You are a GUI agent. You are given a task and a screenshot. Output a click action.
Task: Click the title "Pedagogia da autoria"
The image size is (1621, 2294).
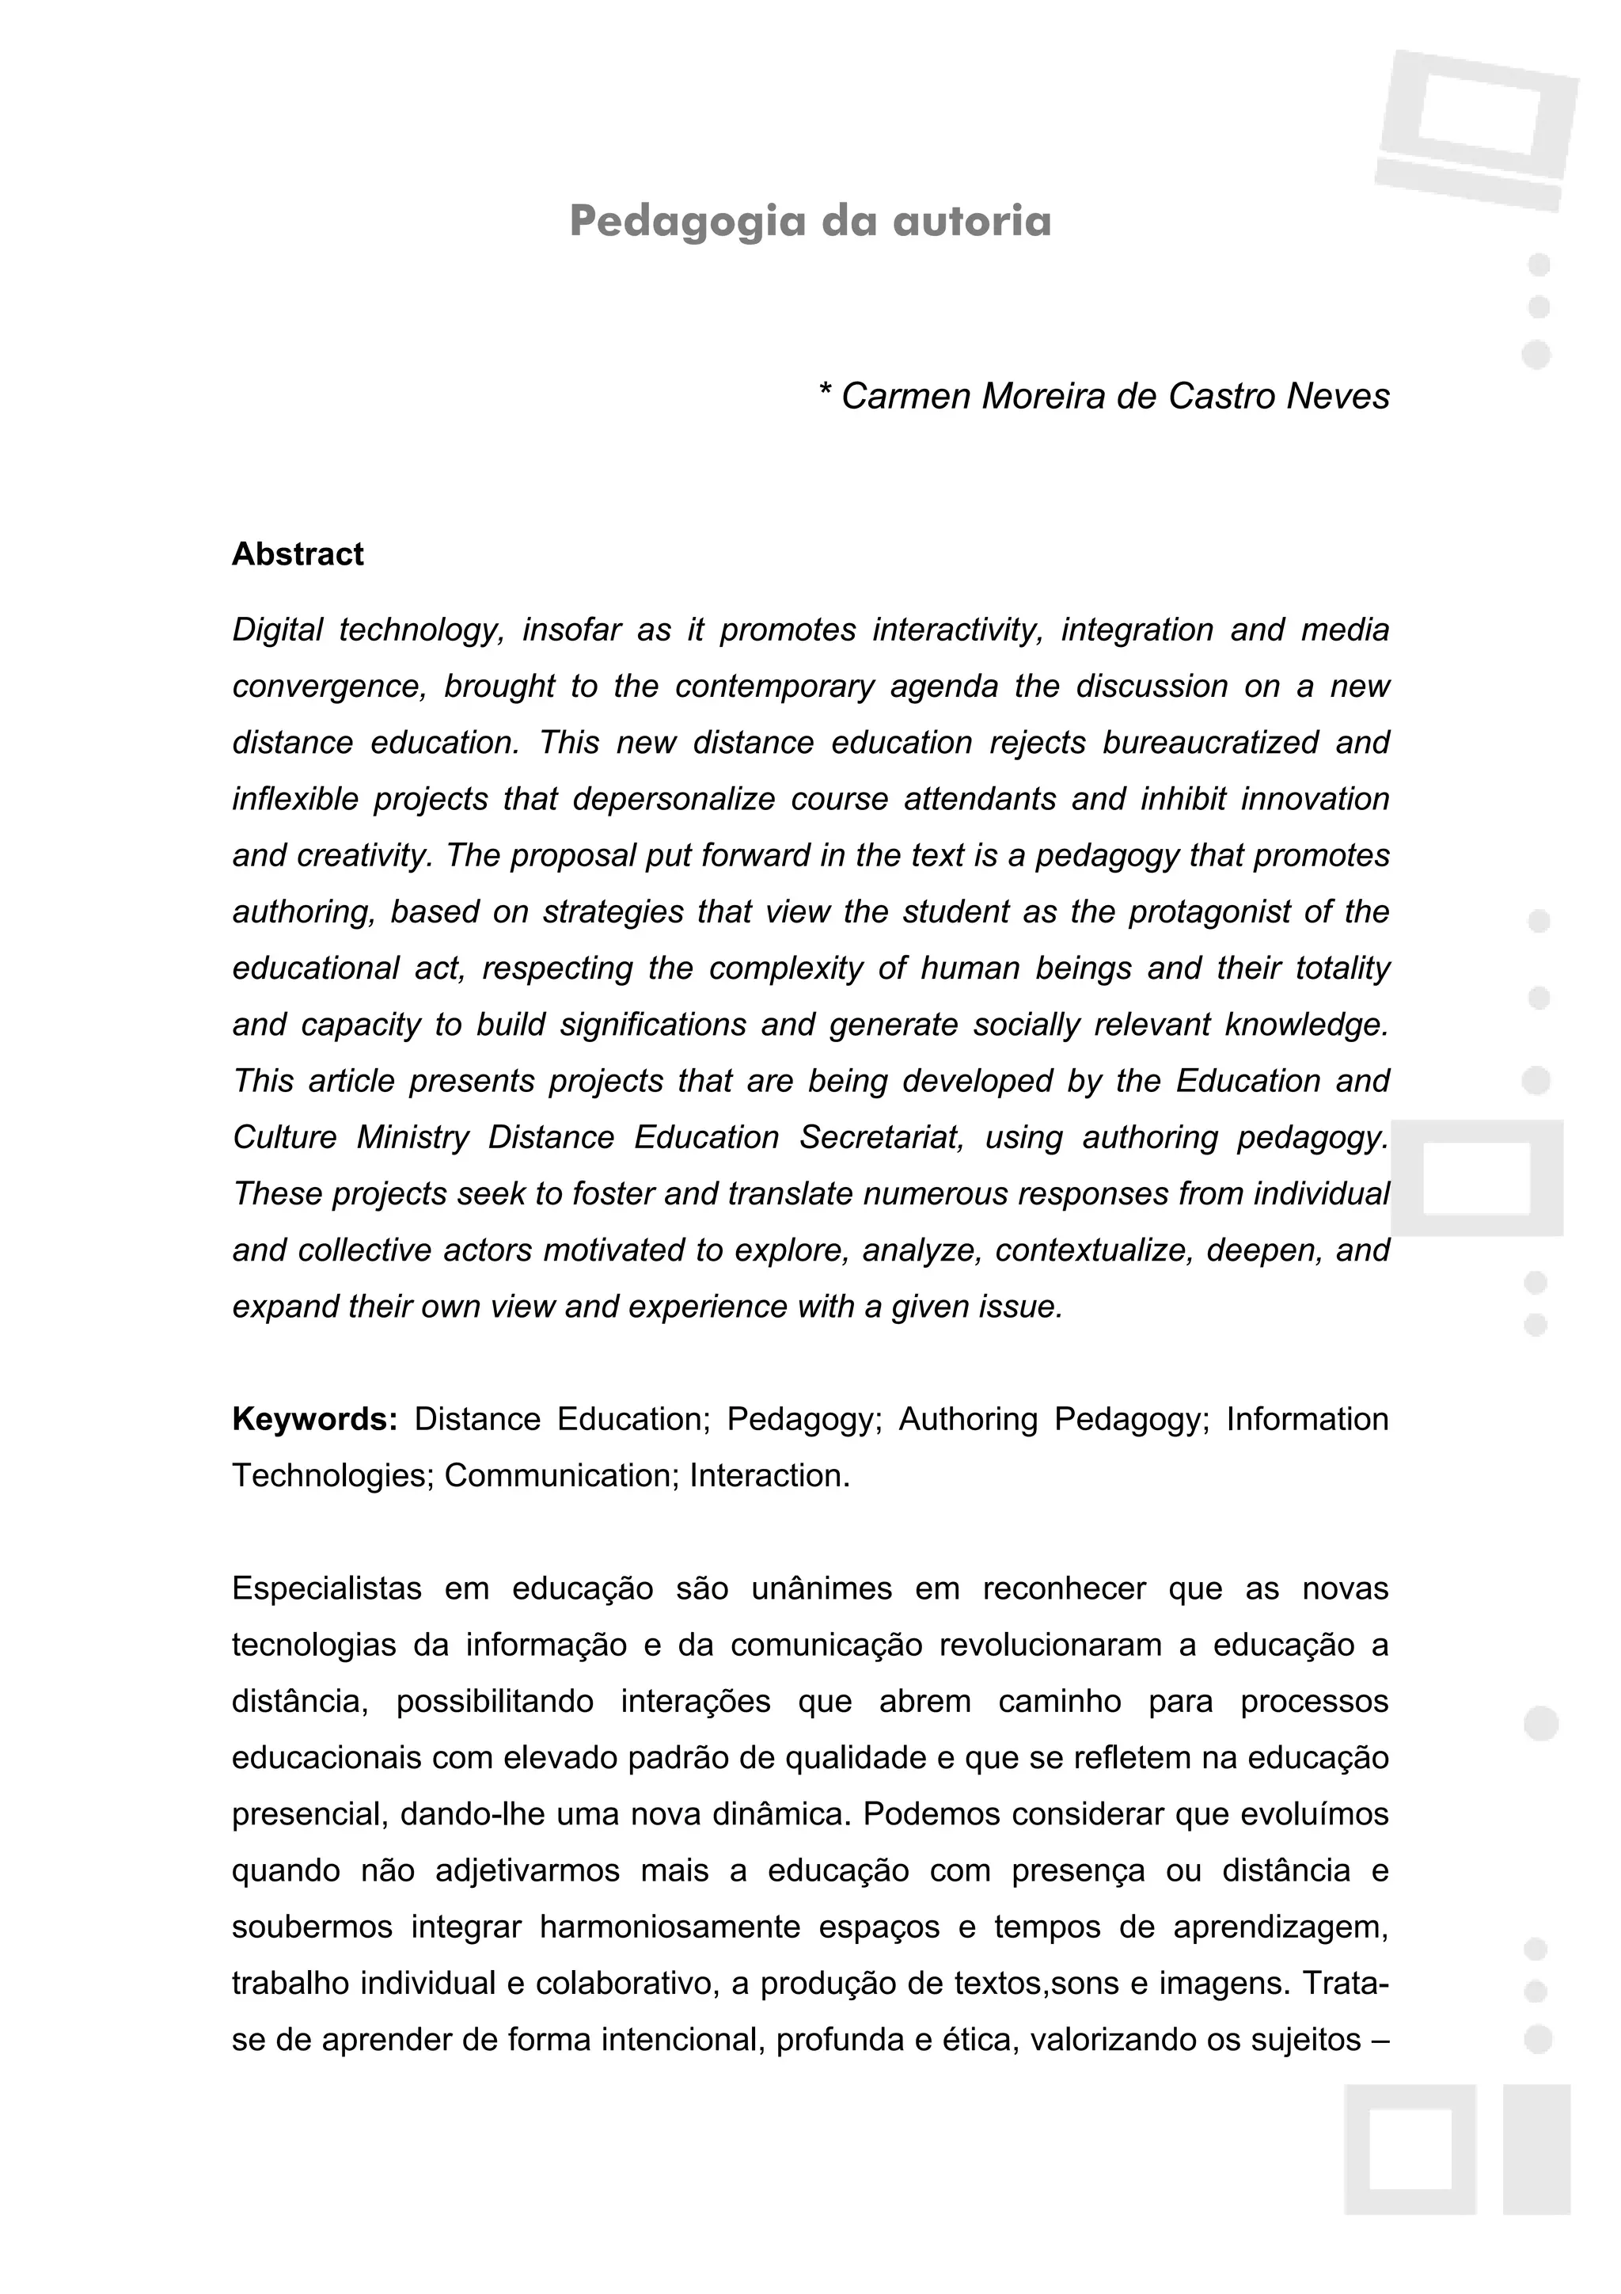(x=810, y=221)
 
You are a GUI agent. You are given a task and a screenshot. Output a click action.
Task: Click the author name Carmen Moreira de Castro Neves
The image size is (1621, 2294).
(x=1114, y=397)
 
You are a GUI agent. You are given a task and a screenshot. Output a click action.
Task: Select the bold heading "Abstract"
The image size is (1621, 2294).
(x=298, y=554)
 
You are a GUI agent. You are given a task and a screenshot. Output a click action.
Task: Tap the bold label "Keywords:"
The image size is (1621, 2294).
(x=314, y=1419)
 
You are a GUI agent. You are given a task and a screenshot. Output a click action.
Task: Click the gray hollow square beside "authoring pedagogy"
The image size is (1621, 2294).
(x=1476, y=1178)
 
